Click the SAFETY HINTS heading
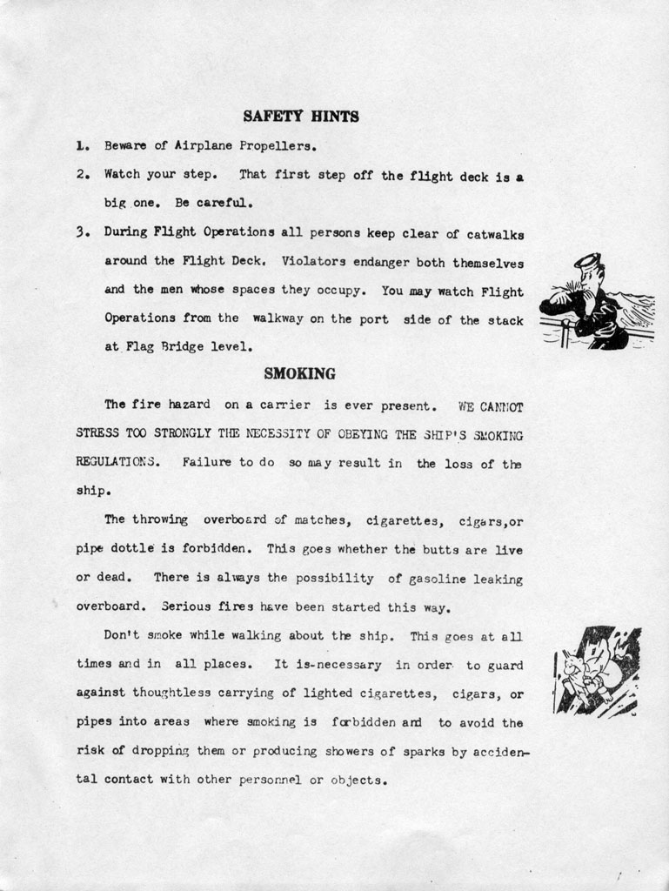(x=300, y=116)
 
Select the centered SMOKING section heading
(x=299, y=374)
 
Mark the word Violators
(x=315, y=261)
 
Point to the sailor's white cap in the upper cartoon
(x=587, y=259)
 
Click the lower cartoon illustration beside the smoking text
(x=597, y=671)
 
